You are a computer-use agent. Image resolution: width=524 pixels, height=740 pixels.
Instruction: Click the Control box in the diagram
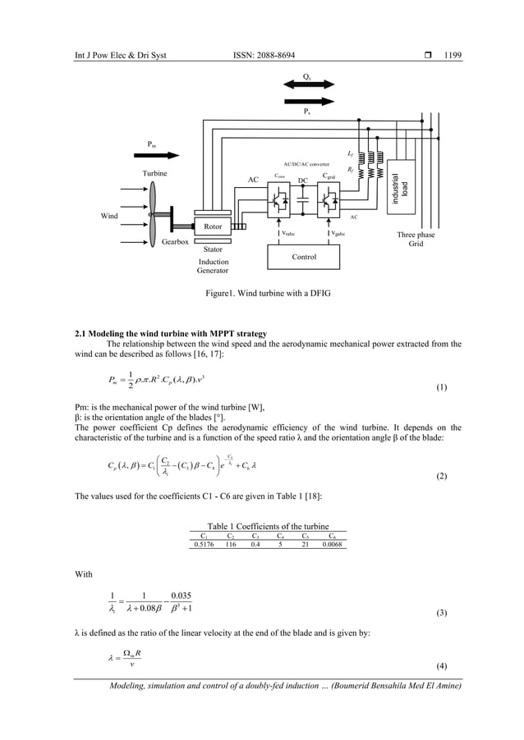coord(304,257)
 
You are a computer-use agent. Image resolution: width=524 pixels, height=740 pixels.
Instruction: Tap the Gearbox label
coord(175,243)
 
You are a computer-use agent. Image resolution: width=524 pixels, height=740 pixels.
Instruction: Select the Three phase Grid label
coord(416,239)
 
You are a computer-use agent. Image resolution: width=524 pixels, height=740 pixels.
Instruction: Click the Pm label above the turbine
coord(153,144)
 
